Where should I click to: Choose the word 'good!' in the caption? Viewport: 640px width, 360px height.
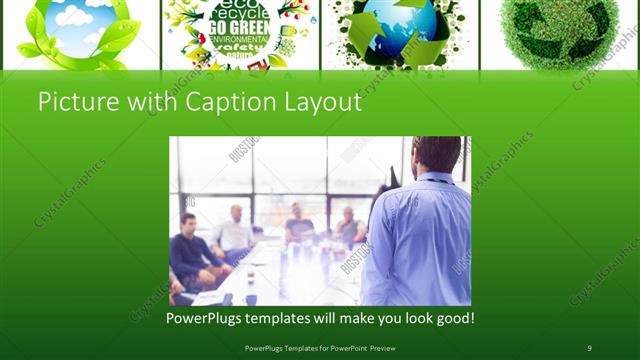(453, 318)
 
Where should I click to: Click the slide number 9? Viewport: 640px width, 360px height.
(589, 347)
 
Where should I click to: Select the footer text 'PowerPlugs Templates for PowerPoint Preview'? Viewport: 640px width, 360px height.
(319, 347)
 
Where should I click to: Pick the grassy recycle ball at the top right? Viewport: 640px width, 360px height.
(556, 30)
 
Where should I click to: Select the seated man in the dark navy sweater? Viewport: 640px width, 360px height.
(192, 250)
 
